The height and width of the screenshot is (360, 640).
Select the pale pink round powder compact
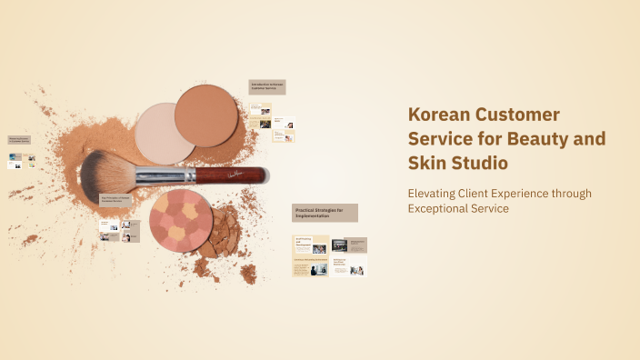tap(165, 133)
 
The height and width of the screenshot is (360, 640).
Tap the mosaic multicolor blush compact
tap(181, 219)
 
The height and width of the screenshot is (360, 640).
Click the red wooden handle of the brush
tap(231, 174)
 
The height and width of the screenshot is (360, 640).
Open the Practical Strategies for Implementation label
tap(325, 213)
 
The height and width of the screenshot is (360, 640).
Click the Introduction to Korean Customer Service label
tap(267, 86)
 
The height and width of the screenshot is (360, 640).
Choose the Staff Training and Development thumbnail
tap(310, 245)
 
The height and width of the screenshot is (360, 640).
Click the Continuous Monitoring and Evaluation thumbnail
tap(310, 266)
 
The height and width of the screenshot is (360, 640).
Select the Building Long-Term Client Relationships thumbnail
tap(349, 266)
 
